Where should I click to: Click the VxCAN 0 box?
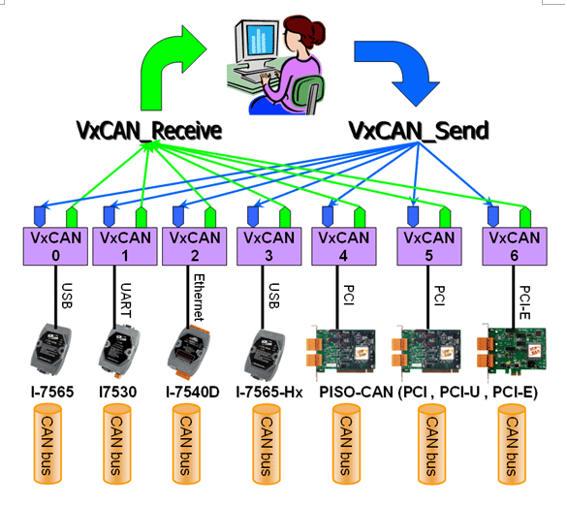pyautogui.click(x=55, y=246)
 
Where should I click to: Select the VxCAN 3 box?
pyautogui.click(x=269, y=246)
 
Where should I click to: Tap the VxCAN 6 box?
pyautogui.click(x=515, y=246)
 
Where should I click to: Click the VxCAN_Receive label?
pyautogui.click(x=148, y=130)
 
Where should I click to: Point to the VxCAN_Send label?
pyautogui.click(x=419, y=130)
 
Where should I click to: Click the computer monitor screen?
pyautogui.click(x=261, y=39)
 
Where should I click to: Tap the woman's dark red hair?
pyautogui.click(x=303, y=30)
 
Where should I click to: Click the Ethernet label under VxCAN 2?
pyautogui.click(x=200, y=298)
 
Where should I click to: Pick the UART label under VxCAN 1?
pyautogui.click(x=125, y=300)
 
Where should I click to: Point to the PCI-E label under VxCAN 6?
pyautogui.click(x=524, y=302)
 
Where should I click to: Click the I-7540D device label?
pyautogui.click(x=192, y=393)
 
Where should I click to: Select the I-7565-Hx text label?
pyautogui.click(x=269, y=393)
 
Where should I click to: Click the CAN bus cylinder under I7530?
pyautogui.click(x=117, y=444)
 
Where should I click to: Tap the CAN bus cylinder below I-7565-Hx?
pyautogui.click(x=267, y=444)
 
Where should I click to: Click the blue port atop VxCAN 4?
pyautogui.click(x=328, y=216)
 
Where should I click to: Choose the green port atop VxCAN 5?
pyautogui.click(x=445, y=217)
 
